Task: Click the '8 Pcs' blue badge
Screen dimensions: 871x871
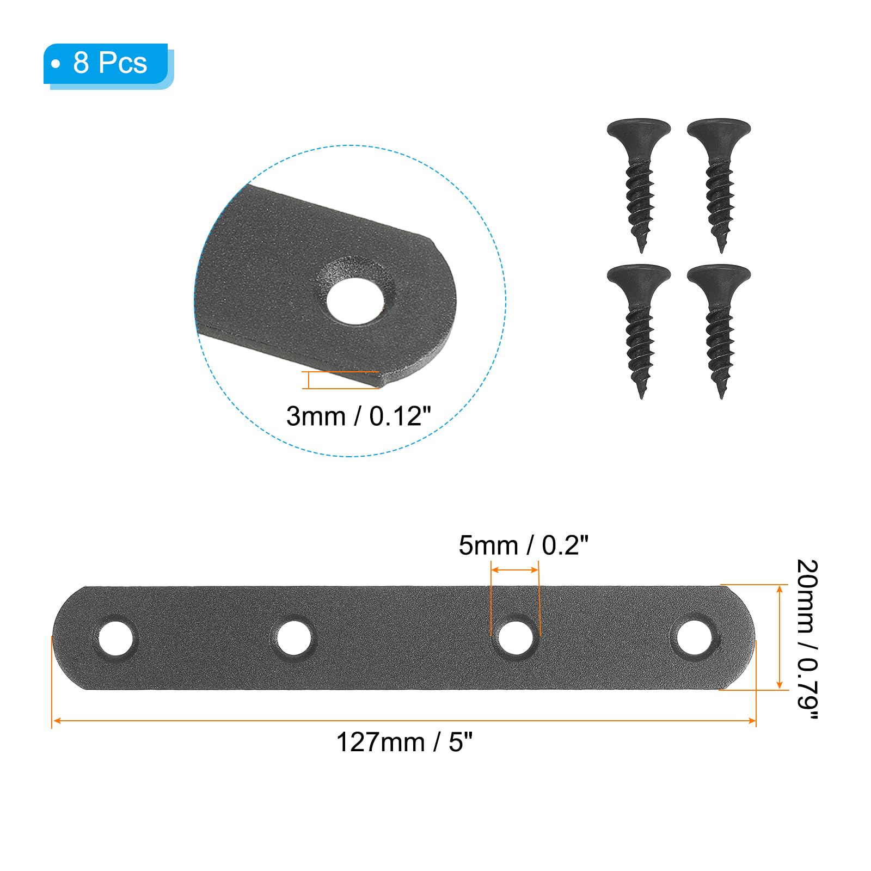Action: (108, 66)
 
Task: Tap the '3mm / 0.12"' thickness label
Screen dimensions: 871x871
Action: (358, 416)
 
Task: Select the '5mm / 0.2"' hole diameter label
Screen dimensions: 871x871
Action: (524, 545)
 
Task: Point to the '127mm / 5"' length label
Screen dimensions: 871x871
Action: (404, 741)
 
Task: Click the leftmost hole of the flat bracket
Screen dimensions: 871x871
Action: (115, 637)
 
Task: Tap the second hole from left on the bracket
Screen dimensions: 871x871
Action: (293, 637)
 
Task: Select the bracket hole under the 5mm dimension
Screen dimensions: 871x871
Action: (516, 637)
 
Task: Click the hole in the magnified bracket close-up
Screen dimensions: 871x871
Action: (354, 299)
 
